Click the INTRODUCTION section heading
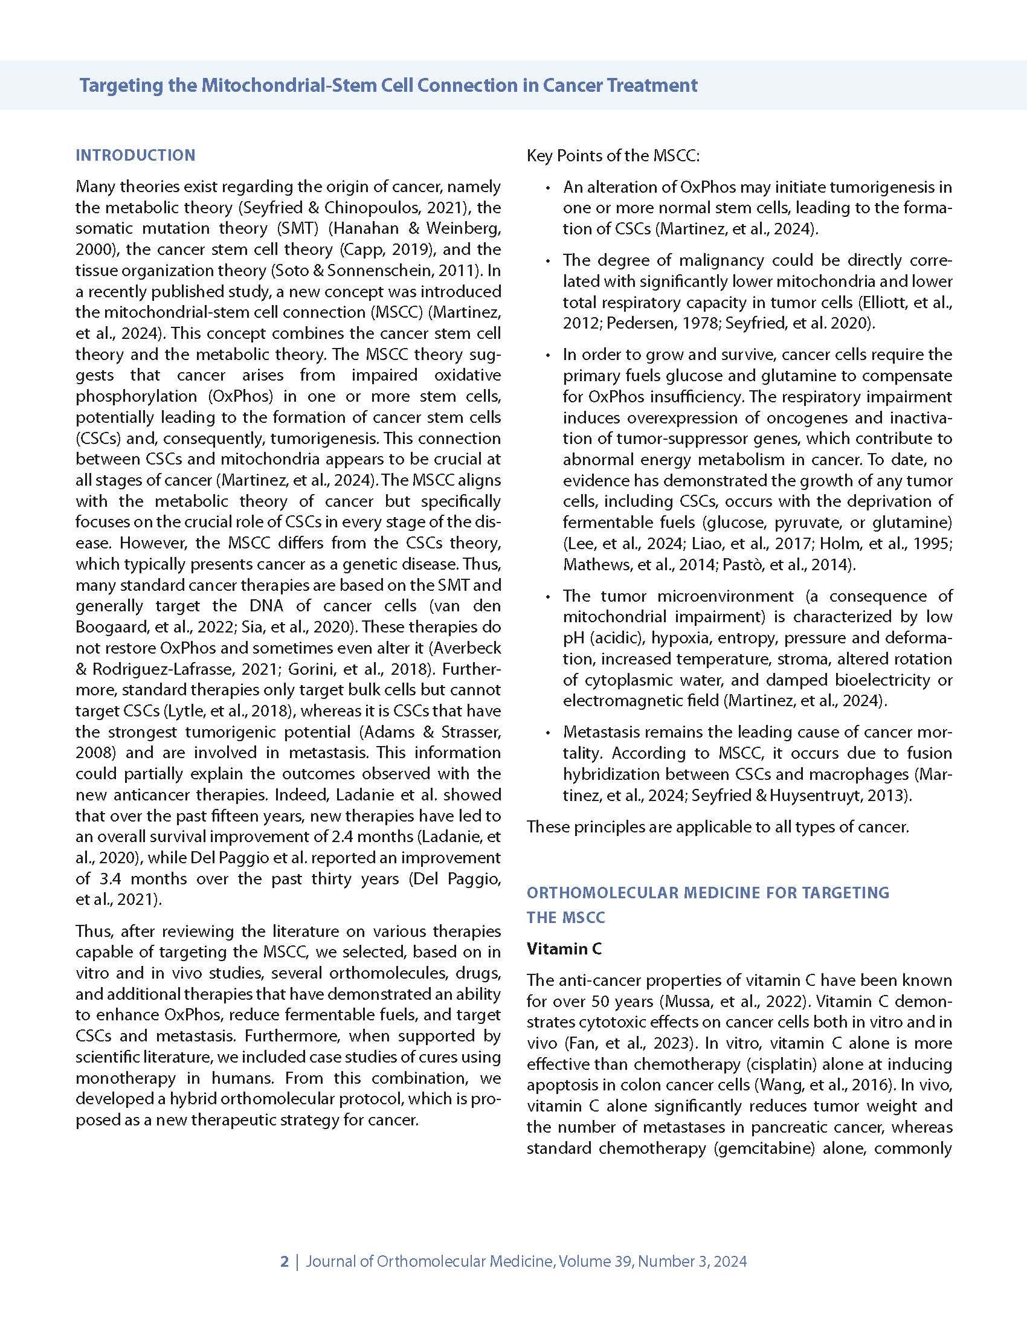pos(135,155)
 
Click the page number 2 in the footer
pos(284,1261)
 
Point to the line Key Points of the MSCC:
pos(613,156)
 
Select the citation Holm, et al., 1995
pos(895,544)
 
